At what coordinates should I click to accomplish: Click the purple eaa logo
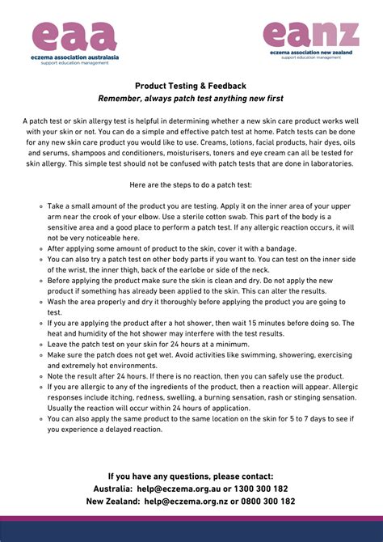pyautogui.click(x=74, y=37)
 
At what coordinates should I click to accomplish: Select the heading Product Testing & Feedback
pyautogui.click(x=191, y=86)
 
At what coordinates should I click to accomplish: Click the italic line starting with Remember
pyautogui.click(x=191, y=98)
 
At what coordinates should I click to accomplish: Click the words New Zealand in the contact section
pyautogui.click(x=112, y=502)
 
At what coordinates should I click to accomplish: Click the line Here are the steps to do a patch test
pyautogui.click(x=191, y=184)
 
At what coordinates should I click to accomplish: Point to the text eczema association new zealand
pyautogui.click(x=310, y=52)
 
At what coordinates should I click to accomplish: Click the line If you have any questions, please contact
pyautogui.click(x=191, y=476)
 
